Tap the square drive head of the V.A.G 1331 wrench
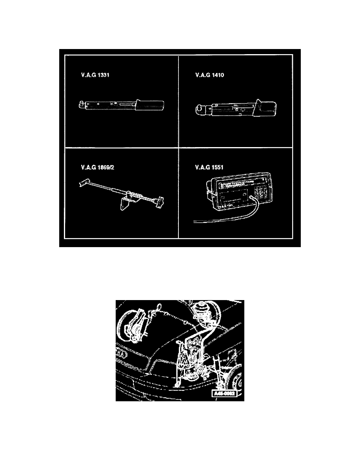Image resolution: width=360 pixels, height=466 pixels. click(x=81, y=104)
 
